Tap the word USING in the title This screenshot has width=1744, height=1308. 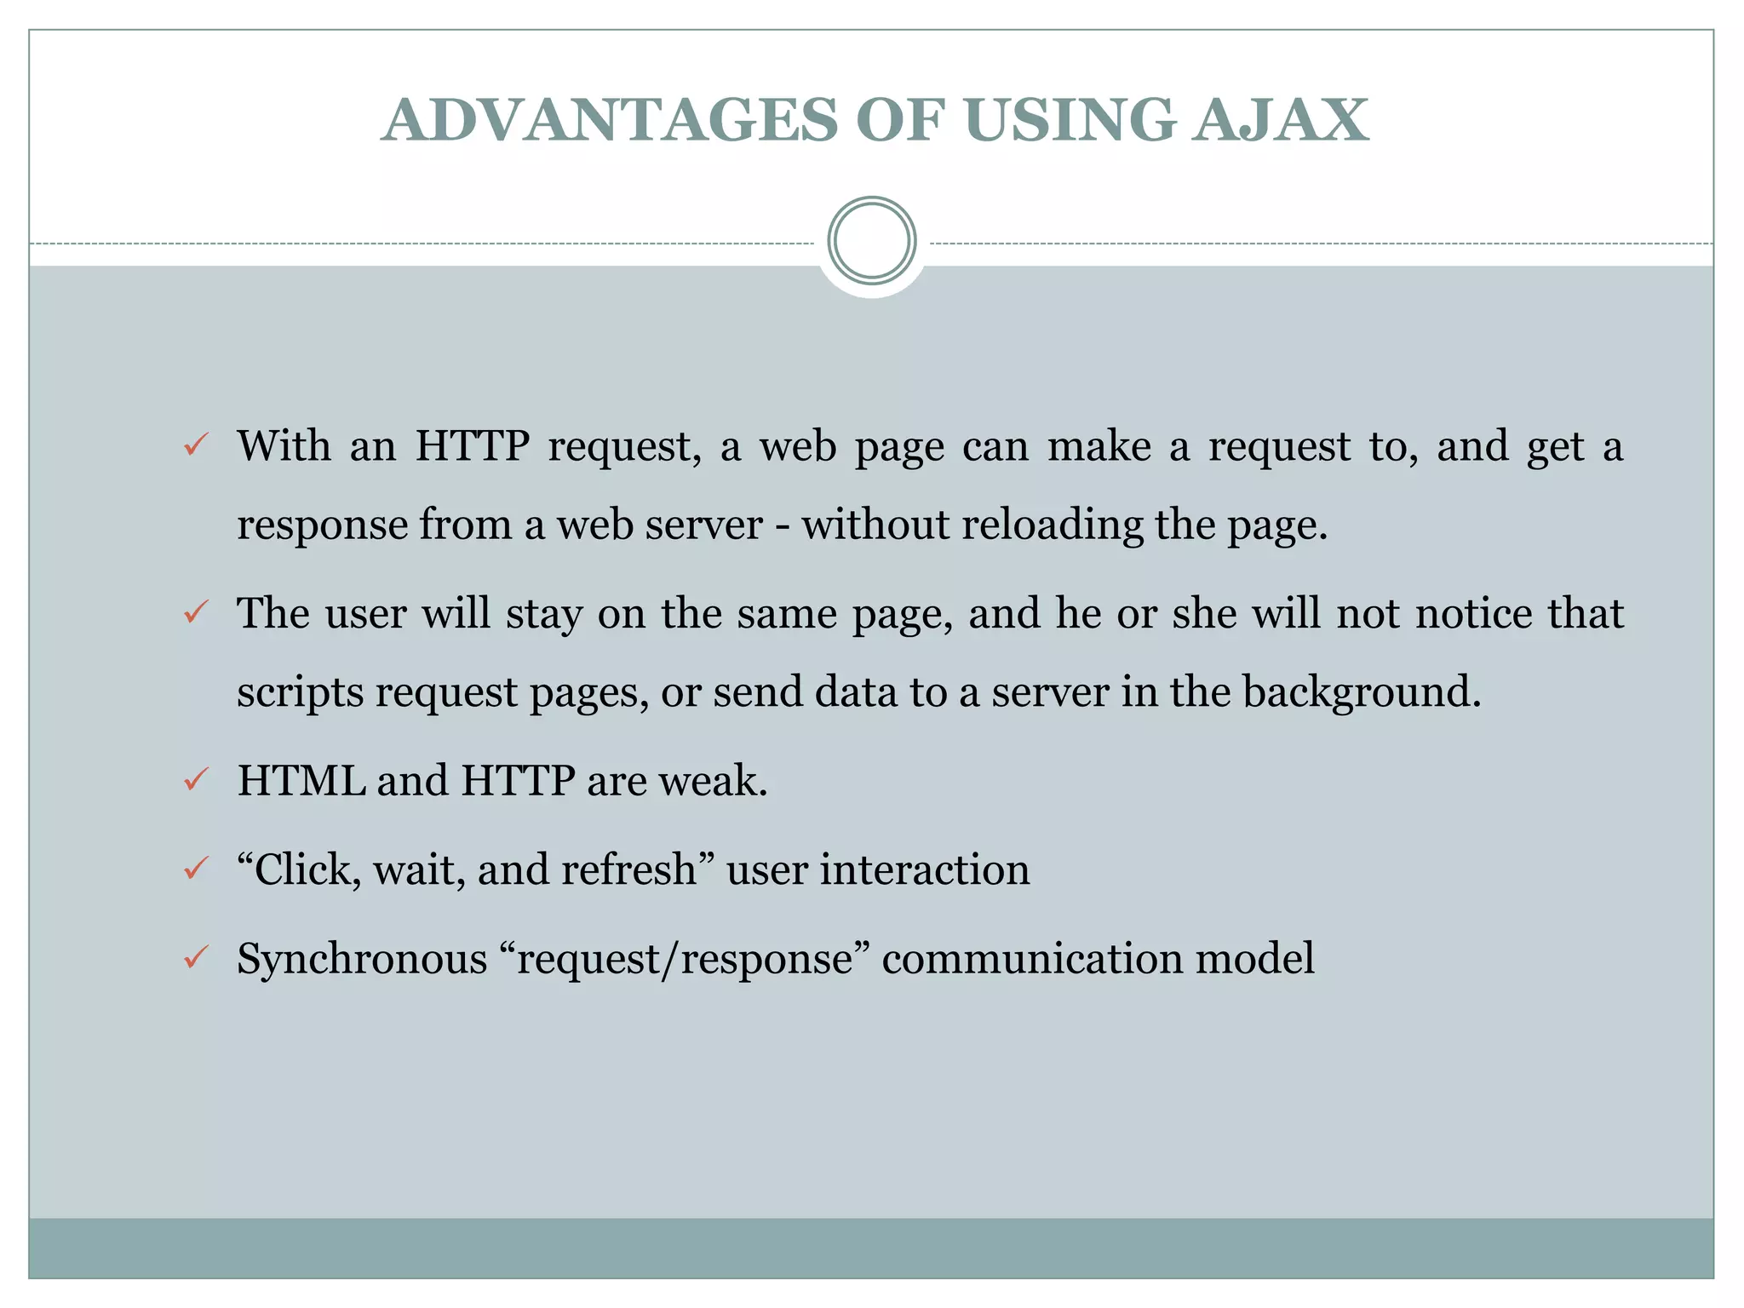point(1070,119)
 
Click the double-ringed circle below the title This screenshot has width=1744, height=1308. point(871,241)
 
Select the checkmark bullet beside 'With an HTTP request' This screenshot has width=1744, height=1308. point(197,445)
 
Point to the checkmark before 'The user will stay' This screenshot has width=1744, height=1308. point(197,611)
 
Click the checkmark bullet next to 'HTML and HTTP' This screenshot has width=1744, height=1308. point(197,779)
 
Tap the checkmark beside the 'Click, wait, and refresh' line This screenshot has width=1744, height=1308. point(197,869)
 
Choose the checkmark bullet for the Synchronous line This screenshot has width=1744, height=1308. point(197,957)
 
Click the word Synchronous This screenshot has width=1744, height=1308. point(361,959)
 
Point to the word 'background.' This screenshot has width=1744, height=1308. point(1362,692)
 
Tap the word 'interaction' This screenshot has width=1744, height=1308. point(925,869)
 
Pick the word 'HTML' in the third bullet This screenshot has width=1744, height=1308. point(301,780)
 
